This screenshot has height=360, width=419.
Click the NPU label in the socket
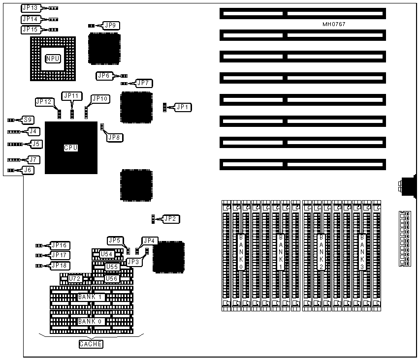[53, 59]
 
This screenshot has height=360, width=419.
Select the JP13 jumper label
[30, 8]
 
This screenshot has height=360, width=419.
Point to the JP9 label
[110, 25]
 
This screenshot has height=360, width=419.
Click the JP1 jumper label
[183, 107]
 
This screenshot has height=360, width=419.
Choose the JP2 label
[170, 218]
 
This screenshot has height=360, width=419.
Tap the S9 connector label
[29, 120]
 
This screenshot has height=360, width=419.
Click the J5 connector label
[35, 144]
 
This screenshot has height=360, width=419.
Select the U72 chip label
[74, 279]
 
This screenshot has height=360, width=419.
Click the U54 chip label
[107, 254]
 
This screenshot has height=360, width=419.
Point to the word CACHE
[91, 344]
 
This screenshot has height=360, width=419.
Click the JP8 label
[114, 137]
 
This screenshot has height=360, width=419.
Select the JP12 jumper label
[44, 101]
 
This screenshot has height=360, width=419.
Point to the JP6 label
[104, 76]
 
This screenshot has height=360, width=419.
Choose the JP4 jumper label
[149, 240]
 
